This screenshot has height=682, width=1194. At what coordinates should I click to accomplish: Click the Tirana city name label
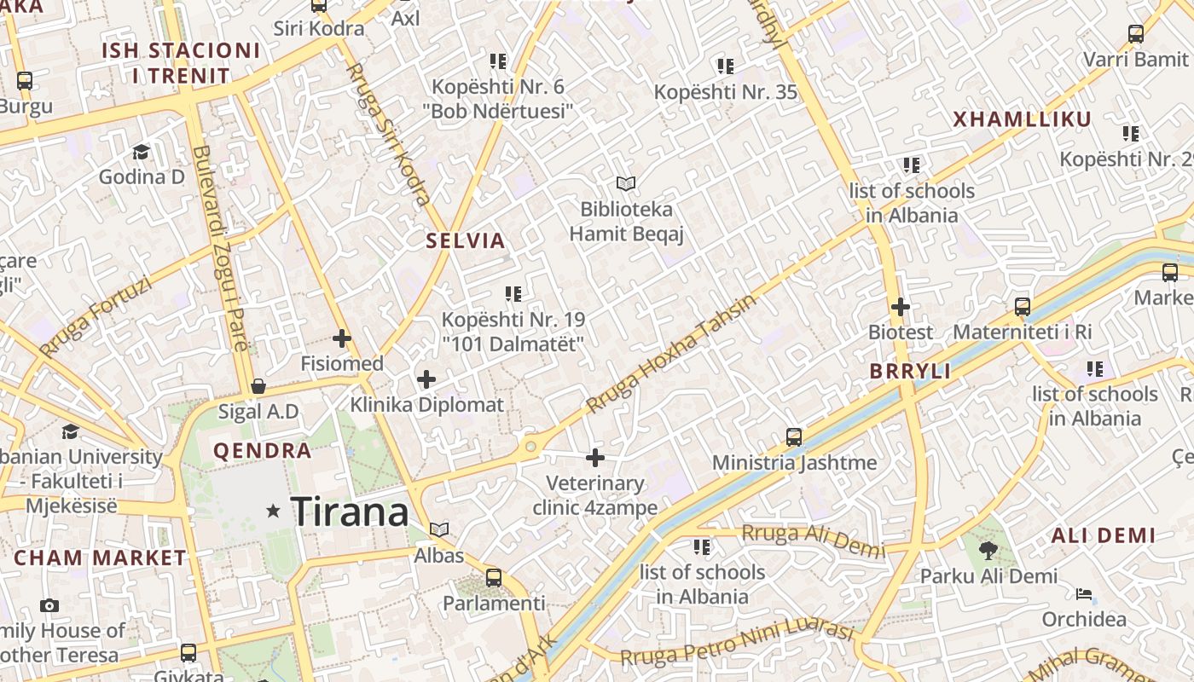coord(350,511)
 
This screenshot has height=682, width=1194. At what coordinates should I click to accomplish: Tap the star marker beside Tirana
coord(274,511)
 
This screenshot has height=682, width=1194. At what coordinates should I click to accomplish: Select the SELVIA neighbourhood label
coord(466,240)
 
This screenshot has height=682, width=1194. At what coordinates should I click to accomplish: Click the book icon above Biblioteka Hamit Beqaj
coord(626,183)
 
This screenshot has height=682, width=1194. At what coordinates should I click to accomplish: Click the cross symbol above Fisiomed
coord(342,338)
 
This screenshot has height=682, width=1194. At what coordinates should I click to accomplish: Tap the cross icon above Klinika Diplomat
coord(426,379)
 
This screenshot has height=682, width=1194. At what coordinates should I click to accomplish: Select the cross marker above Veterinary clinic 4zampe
coord(595,458)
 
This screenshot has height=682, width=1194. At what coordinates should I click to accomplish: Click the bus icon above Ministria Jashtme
coord(794,437)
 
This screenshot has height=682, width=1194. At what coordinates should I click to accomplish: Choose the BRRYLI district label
coord(910,371)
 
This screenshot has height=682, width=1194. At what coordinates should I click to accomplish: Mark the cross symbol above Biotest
coord(900,307)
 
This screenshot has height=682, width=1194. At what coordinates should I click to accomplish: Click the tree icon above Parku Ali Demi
coord(988,551)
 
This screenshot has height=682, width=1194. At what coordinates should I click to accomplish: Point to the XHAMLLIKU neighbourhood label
coord(1022,119)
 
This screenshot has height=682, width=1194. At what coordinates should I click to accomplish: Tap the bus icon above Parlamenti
coord(493,577)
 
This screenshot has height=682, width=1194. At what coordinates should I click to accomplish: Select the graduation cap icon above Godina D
coord(141,152)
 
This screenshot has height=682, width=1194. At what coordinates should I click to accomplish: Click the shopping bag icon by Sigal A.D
coord(258,386)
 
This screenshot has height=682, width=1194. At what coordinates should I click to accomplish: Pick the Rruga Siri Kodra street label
coord(389,134)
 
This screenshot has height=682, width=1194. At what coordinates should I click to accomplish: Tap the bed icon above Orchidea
coord(1084,593)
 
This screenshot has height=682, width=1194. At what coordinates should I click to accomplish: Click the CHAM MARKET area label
coord(100,558)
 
